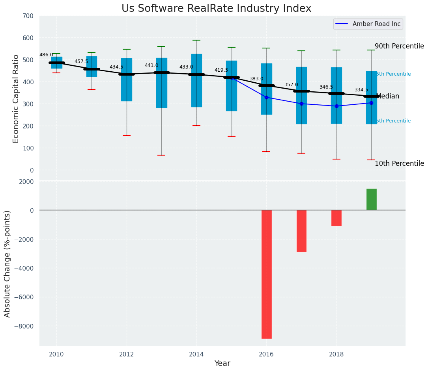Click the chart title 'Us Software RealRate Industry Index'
tap(216, 9)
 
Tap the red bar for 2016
tap(267, 274)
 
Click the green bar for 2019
tap(371, 199)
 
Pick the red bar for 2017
tap(301, 231)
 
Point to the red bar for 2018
tap(336, 218)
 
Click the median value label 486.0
tap(46, 55)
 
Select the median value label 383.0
tap(256, 79)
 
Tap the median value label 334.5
tap(361, 90)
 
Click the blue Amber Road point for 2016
tap(267, 97)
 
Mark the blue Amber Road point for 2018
tap(336, 106)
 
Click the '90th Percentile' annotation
tap(399, 46)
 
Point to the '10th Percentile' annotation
tap(399, 163)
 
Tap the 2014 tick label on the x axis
tap(196, 354)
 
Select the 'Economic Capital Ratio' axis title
tap(16, 98)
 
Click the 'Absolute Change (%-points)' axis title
tap(7, 263)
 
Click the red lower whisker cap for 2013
tap(161, 155)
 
